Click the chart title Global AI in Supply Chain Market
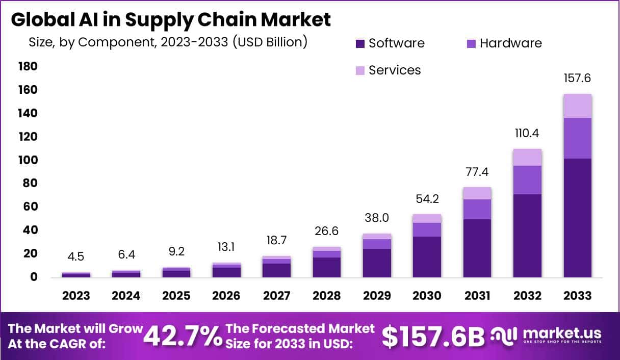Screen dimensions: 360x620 (171, 19)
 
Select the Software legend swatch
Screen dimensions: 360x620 (360, 44)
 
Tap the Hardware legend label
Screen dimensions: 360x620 (510, 43)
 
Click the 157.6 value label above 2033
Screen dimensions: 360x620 (578, 79)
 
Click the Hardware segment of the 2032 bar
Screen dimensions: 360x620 (527, 180)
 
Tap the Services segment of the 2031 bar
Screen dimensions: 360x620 (477, 193)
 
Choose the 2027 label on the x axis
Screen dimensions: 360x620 (276, 296)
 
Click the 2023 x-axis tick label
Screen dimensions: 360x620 (76, 296)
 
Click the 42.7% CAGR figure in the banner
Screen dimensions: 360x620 (183, 336)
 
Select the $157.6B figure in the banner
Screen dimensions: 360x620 (433, 336)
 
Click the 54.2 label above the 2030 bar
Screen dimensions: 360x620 (427, 199)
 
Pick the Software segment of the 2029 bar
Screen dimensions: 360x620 (377, 263)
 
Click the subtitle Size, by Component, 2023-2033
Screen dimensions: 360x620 (168, 42)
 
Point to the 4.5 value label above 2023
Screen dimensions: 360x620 (76, 256)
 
